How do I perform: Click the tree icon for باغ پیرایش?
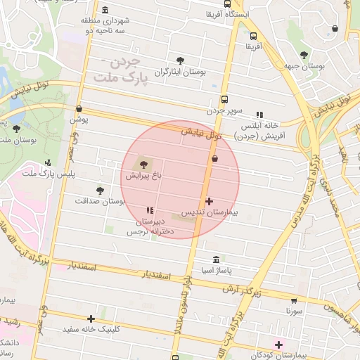[x=136, y=165]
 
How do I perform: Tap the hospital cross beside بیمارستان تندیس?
[x=209, y=201]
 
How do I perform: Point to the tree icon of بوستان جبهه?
[x=304, y=55]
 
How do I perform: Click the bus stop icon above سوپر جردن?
[x=224, y=99]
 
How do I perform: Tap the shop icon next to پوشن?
[x=79, y=109]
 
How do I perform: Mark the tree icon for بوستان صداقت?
[x=100, y=190]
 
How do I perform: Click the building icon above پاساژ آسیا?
[x=214, y=259]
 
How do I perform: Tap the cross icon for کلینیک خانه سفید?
[x=91, y=319]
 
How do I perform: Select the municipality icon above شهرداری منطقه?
[x=105, y=10]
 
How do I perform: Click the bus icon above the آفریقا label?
[x=253, y=36]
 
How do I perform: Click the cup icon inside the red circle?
[x=214, y=159]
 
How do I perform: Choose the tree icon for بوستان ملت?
[x=16, y=129]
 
